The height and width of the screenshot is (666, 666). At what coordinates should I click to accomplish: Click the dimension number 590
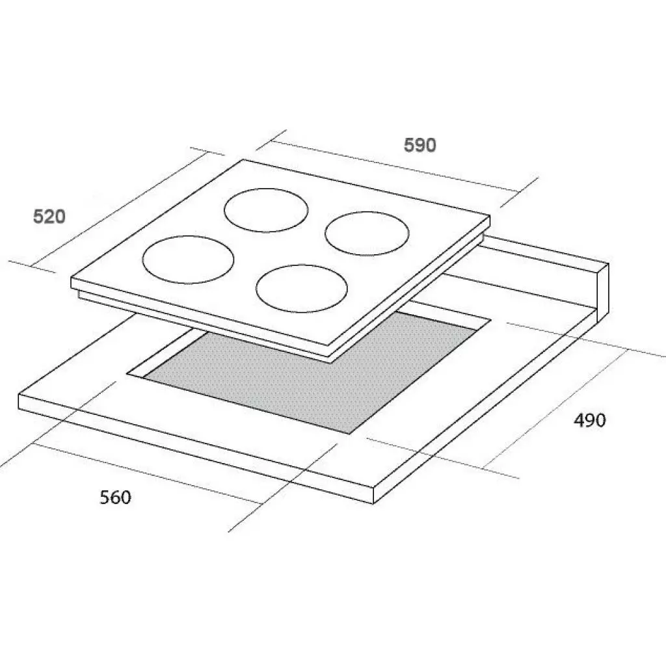point(420,145)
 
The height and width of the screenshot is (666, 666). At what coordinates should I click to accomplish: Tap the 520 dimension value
point(49,216)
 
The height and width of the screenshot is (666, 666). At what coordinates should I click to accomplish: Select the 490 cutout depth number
point(589,420)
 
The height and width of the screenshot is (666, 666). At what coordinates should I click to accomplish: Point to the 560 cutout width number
point(115,498)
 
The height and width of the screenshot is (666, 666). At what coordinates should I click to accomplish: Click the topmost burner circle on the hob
point(266,209)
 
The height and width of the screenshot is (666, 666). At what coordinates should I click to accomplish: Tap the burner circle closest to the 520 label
point(188,260)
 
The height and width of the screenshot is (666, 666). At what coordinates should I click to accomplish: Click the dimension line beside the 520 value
point(117,208)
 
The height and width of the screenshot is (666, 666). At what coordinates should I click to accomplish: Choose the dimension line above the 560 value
point(150,473)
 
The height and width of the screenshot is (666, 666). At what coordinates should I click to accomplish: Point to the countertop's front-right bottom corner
point(375,503)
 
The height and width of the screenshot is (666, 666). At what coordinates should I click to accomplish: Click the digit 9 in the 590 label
point(420,145)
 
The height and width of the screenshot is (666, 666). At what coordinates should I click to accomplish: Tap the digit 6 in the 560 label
point(115,498)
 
